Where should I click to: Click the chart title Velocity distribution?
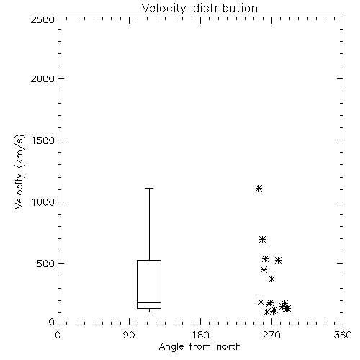199,9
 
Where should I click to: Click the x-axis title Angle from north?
199,347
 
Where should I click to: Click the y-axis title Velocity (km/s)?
19,171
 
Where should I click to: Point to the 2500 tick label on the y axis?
42,19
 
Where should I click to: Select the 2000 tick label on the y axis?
42,79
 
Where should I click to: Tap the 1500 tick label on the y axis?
43,140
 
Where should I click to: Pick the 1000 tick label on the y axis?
43,202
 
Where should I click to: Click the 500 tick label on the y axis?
46,264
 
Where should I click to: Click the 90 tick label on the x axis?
129,335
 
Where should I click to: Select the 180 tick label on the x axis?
200,335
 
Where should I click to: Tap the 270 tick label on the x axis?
271,335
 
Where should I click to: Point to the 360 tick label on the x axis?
343,335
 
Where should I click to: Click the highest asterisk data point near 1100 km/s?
258,188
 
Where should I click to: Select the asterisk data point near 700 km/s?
262,239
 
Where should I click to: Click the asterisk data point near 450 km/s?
264,270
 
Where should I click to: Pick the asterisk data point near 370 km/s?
271,279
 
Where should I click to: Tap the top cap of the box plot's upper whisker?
149,189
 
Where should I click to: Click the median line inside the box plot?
149,302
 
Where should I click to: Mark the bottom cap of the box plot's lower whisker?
149,312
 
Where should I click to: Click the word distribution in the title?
225,9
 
